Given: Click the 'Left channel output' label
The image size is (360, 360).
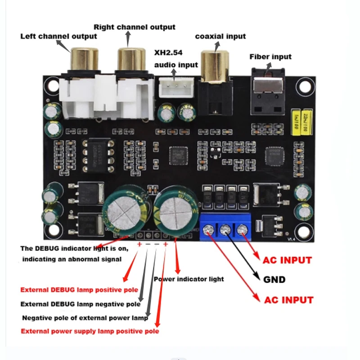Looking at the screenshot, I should point(58,36).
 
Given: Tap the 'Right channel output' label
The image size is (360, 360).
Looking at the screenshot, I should point(134,27).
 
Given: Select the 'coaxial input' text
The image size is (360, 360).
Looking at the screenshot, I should point(220,36).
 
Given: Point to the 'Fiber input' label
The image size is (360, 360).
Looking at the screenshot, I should point(270,57).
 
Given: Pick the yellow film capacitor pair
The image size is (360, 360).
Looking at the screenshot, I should point(302,121).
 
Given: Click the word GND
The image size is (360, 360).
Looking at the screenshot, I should point(274,279).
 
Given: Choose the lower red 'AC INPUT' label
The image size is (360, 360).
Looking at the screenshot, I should point(288,300).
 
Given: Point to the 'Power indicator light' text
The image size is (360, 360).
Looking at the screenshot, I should point(189,279).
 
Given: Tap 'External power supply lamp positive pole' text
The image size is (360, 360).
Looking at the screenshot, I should point(90,331).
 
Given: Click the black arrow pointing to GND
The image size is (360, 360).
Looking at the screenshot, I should point(245,259).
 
